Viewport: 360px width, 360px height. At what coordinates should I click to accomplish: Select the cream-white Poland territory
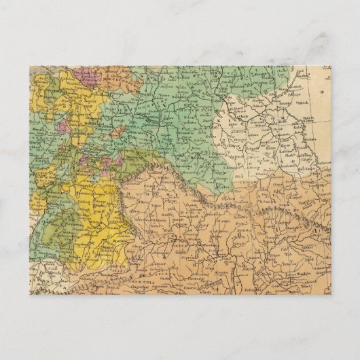(245, 136)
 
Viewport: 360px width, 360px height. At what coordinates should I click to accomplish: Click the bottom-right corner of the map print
(331, 294)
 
